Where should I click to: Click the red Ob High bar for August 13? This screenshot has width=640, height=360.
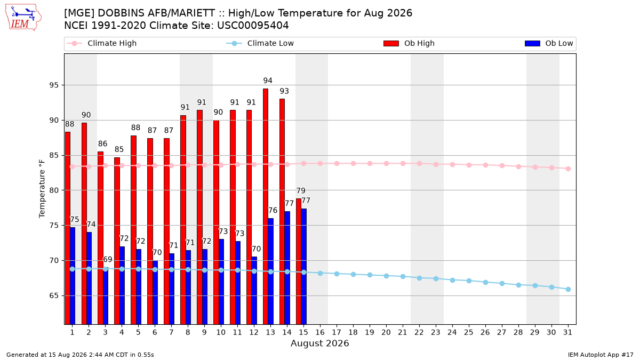point(266,206)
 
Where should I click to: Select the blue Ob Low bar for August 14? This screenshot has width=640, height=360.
point(287,268)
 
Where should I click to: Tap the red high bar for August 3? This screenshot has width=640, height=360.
point(100,238)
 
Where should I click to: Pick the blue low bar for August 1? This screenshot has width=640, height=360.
point(73,276)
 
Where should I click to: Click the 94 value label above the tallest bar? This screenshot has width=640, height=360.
point(268,81)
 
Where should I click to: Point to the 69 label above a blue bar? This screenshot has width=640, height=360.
point(107,259)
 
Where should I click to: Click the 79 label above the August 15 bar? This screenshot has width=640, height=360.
point(301,190)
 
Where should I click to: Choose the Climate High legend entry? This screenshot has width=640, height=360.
point(101,43)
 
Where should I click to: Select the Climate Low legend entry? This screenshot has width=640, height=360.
point(260,43)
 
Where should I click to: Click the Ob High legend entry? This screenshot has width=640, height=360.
point(409,43)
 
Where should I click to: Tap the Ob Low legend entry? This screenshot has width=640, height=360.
point(549,43)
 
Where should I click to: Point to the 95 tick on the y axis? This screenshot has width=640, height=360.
point(54,85)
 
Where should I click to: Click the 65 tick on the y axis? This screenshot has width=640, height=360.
point(54,295)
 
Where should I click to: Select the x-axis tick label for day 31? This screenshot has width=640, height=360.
point(567,332)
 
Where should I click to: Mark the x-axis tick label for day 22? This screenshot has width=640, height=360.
point(419,332)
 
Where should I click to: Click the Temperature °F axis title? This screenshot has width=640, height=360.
point(42,189)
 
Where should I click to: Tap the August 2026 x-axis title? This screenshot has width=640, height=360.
point(319,343)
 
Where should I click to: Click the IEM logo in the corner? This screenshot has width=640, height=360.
point(23,18)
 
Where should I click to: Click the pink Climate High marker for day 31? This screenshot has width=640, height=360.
point(568,169)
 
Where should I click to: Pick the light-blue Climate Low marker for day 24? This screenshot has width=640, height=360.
point(452,281)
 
